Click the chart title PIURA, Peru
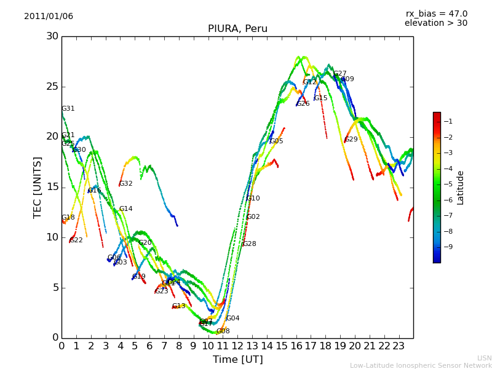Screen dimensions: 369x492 point(237,29)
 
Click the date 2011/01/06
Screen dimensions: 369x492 point(49,17)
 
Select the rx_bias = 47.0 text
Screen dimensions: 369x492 point(437,14)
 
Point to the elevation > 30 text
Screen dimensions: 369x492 point(436,23)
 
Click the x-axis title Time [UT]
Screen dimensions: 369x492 point(237,360)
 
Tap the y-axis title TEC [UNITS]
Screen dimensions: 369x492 point(38,187)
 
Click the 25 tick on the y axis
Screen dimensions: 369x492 point(52,86)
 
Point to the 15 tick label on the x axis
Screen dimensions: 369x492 point(282,346)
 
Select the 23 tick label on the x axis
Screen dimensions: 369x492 point(399,346)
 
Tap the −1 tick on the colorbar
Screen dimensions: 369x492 point(449,121)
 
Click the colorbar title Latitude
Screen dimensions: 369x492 point(461,187)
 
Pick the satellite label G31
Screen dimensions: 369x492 point(68,109)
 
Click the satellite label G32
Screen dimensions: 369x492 point(126,184)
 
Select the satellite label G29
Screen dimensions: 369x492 point(351,140)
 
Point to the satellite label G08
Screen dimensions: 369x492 point(223,331)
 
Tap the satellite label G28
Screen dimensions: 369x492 point(250,244)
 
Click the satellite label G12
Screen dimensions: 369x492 point(310,82)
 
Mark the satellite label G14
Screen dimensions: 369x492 point(126,209)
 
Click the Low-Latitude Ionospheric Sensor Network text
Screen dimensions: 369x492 point(421,366)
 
